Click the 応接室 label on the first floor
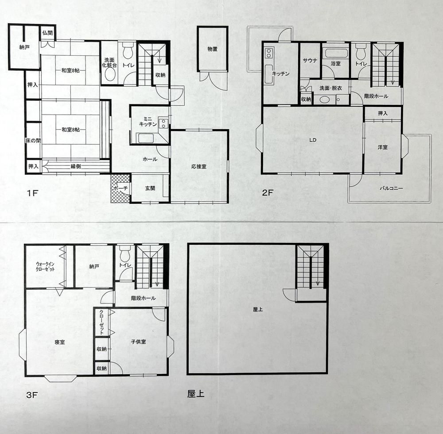click(x=199, y=167)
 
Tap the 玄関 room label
click(x=150, y=188)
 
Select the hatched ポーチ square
click(x=120, y=188)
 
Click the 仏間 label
click(x=47, y=32)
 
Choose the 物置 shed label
click(x=213, y=49)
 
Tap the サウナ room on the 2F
click(x=309, y=61)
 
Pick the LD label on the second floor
click(x=312, y=140)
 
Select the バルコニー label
click(x=391, y=188)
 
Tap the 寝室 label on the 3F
click(x=60, y=342)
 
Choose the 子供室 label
click(x=139, y=342)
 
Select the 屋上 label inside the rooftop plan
click(x=258, y=310)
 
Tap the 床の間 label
click(x=33, y=141)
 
